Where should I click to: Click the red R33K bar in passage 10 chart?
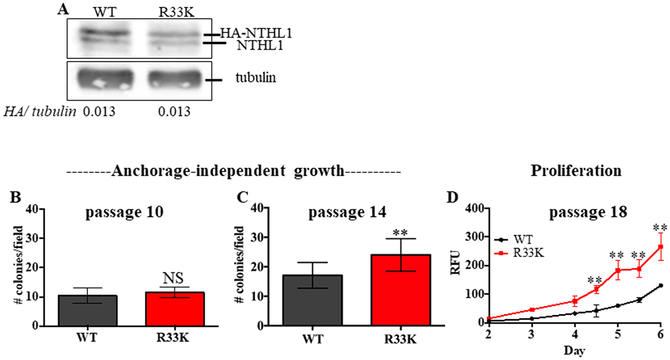(175, 309)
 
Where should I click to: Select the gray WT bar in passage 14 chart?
(313, 300)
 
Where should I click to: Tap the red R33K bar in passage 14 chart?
(401, 290)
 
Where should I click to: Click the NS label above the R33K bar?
(173, 278)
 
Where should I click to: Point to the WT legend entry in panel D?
(523, 240)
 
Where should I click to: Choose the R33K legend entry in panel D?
(528, 253)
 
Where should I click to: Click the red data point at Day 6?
(661, 247)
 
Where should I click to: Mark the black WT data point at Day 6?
(661, 286)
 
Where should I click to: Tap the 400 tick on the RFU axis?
(475, 208)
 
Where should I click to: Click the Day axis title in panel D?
(574, 351)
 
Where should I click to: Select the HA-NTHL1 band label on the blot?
(256, 33)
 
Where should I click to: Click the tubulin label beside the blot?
(256, 78)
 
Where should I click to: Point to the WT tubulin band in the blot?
(105, 79)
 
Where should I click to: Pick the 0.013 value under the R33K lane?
(174, 112)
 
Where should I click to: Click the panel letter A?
(63, 9)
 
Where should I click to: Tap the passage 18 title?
(588, 212)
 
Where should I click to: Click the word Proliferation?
(576, 171)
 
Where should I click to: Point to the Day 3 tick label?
(531, 335)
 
